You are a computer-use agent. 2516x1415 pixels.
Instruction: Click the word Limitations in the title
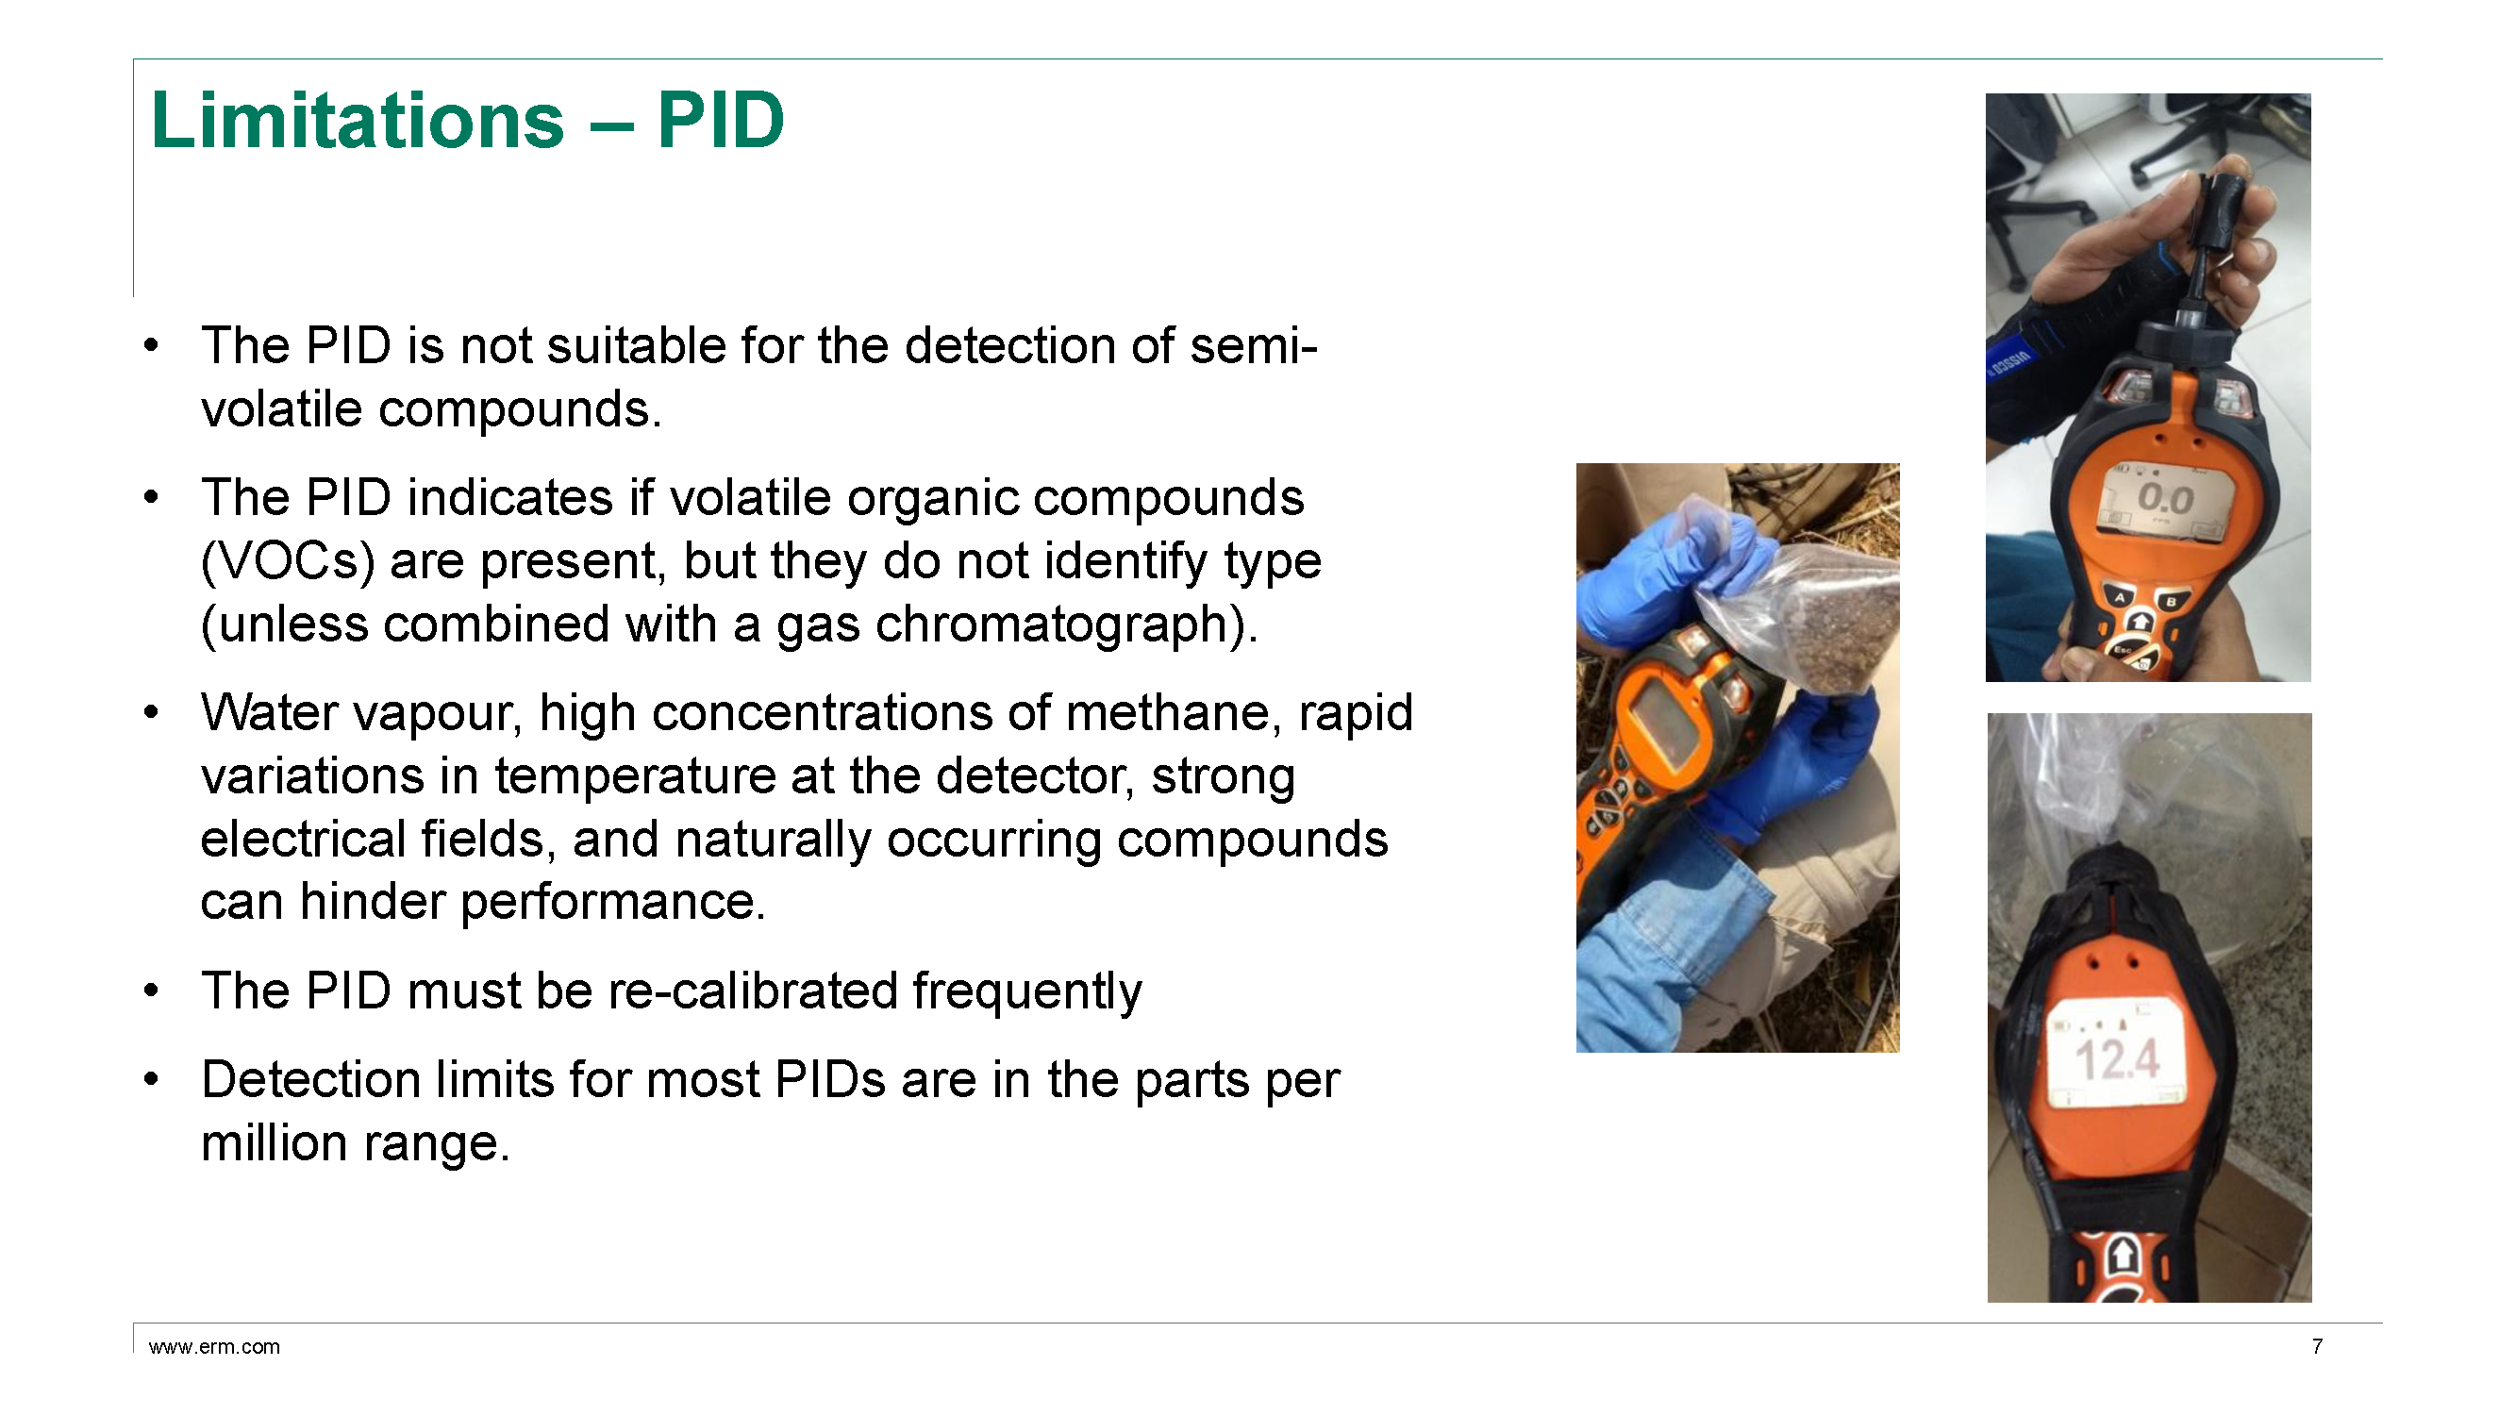coord(358,120)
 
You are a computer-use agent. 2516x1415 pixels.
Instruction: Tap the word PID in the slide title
coord(721,120)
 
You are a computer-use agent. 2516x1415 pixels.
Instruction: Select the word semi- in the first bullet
coord(1253,345)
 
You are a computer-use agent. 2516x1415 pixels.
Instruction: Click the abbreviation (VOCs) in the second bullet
coord(288,561)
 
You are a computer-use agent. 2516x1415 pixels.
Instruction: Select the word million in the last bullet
coord(275,1143)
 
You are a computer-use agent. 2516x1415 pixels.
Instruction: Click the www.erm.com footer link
coord(214,1347)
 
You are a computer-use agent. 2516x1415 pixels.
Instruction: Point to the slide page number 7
coord(2317,1347)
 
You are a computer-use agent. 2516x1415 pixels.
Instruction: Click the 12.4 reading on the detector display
coord(2116,1060)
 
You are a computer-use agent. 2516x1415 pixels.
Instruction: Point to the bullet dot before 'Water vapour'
coord(150,713)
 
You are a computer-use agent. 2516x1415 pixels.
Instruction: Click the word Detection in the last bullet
coord(310,1081)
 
